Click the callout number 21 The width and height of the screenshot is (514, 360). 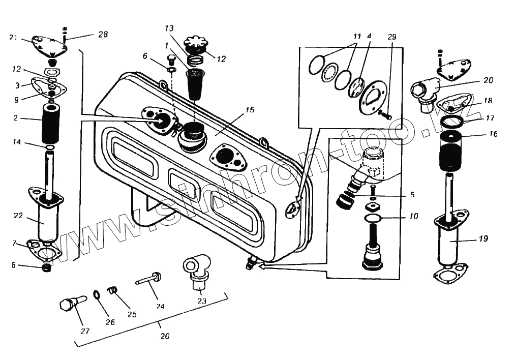(13, 37)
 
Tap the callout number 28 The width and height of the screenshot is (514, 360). (103, 34)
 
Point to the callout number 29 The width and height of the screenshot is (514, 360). (391, 37)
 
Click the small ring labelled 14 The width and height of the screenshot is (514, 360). (50, 148)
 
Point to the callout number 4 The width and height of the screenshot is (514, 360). (369, 37)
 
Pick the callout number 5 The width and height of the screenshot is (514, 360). (412, 194)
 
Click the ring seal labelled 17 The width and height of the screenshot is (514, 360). (451, 122)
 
